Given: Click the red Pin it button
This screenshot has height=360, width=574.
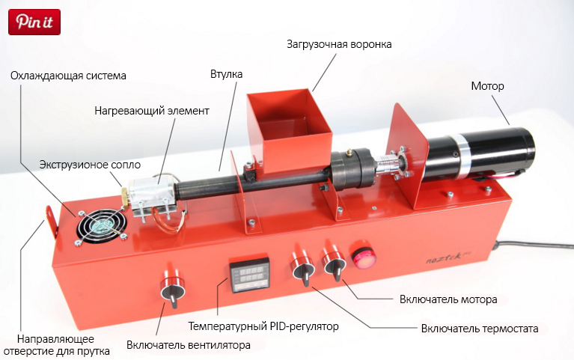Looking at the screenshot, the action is (34, 22).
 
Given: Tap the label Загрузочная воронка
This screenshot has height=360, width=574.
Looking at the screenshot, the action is (339, 44).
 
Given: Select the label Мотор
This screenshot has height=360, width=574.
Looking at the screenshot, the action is (487, 86).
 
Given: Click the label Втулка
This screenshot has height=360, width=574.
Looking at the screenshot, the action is (226, 74).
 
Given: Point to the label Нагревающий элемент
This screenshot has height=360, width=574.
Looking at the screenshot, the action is (152, 111).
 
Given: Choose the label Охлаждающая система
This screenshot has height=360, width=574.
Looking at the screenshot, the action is (68, 76).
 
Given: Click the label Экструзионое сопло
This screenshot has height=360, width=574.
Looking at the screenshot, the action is (90, 165).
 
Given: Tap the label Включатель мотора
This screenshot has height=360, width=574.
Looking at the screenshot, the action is (448, 299).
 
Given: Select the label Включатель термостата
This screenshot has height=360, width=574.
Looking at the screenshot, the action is (480, 329).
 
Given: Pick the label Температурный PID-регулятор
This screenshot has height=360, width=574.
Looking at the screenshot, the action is (263, 326).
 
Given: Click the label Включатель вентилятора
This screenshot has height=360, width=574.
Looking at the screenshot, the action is (189, 345).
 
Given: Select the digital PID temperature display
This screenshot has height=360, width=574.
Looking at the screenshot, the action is (249, 275).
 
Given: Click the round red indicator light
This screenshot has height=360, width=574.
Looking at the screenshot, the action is (363, 254).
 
